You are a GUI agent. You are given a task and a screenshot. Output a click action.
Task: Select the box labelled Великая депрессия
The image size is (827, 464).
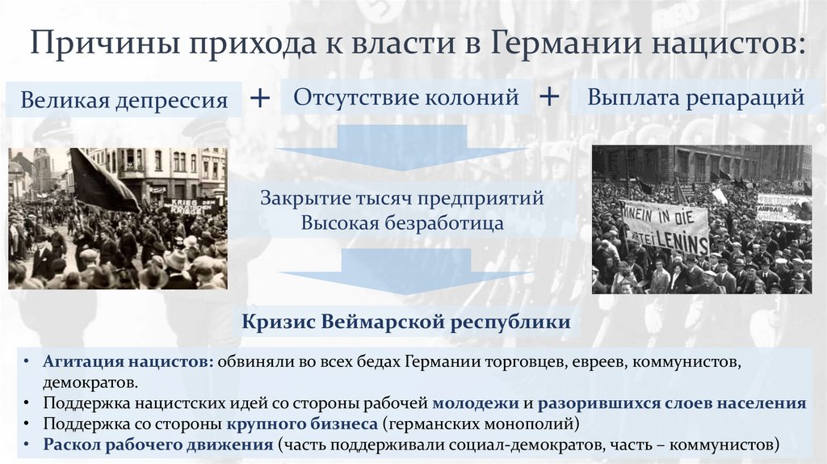pyautogui.click(x=124, y=100)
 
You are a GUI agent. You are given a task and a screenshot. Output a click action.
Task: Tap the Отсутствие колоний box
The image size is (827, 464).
pyautogui.click(x=405, y=98)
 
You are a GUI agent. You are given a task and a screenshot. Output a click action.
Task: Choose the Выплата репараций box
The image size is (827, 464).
pyautogui.click(x=695, y=98)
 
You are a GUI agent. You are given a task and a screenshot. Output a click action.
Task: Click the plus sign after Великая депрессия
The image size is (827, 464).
pyautogui.click(x=260, y=98)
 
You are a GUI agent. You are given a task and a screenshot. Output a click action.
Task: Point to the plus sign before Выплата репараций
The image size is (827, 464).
pyautogui.click(x=549, y=97)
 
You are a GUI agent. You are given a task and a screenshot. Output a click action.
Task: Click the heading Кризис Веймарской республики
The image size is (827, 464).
pyautogui.click(x=406, y=323)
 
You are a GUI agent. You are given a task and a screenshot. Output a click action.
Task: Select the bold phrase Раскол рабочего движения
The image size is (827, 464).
pyautogui.click(x=158, y=444)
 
